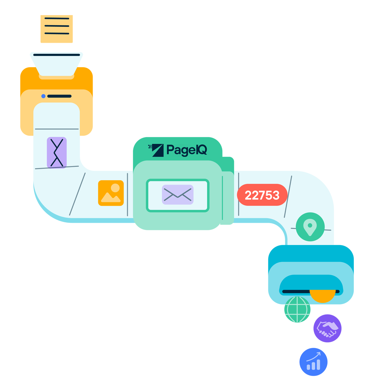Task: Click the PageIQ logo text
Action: pos(187,150)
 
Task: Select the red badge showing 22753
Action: pos(262,195)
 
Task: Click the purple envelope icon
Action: pos(178,194)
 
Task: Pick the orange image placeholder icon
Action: pos(111,193)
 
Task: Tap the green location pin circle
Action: pos(310,227)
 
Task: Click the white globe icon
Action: pos(297,309)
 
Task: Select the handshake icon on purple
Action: pos(327,329)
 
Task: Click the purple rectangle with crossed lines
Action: pos(57,153)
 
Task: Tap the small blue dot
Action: pos(43,96)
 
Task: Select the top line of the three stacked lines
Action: pos(57,18)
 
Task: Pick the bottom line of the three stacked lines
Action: pos(57,33)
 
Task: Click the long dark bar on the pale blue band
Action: pos(57,55)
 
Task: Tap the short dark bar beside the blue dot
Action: pos(59,96)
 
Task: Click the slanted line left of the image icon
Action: pos(77,194)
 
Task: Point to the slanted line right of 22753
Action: pos(288,197)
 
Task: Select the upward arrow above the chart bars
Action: pos(314,356)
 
